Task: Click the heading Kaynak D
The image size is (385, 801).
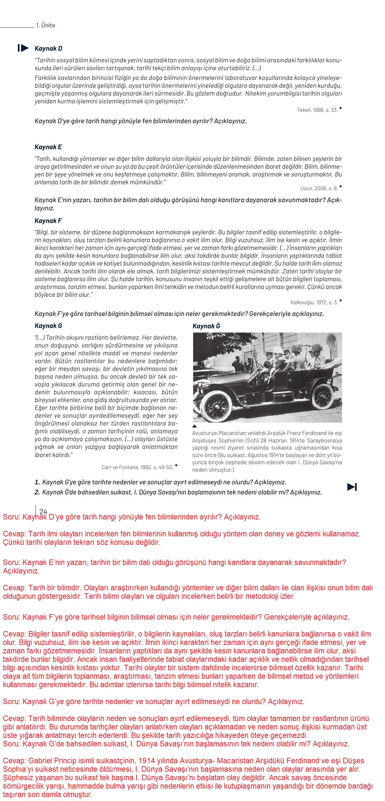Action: tap(48, 48)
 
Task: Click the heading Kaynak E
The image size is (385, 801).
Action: tap(48, 147)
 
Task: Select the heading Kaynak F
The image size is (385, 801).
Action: tap(48, 221)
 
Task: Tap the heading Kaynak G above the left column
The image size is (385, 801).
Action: tap(48, 326)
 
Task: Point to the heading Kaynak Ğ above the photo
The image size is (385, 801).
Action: tap(206, 326)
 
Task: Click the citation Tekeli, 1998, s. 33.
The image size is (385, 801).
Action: tap(317, 110)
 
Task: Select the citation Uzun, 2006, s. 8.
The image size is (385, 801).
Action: tap(319, 188)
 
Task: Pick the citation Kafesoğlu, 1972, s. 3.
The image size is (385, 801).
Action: tap(314, 302)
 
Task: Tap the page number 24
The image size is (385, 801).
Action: tap(43, 511)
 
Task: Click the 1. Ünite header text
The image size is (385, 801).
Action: tap(46, 25)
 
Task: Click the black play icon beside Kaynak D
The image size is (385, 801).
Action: tap(23, 48)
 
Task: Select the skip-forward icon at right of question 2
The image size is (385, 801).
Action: tap(352, 487)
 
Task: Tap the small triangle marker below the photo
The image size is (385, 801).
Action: tap(194, 426)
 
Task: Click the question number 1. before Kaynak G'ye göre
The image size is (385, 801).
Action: tap(37, 482)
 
